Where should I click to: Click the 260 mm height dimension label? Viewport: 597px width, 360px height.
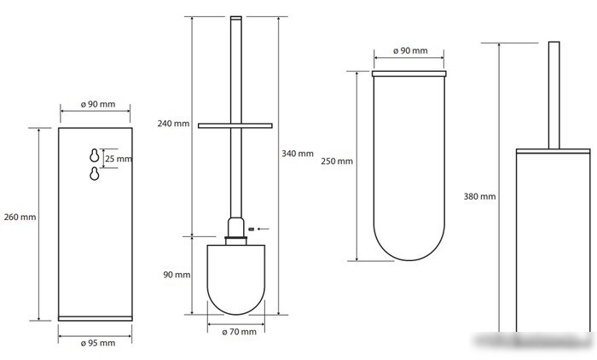[20, 218]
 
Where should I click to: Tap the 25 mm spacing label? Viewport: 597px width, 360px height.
[119, 159]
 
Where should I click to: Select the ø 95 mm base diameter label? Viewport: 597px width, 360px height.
[98, 343]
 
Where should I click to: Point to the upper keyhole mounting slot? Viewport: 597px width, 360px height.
[95, 155]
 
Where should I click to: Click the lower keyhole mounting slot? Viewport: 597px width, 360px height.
[95, 173]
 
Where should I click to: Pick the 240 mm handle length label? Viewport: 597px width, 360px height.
[173, 124]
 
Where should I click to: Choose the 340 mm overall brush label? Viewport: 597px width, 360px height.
[298, 154]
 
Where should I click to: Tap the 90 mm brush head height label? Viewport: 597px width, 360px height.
[177, 275]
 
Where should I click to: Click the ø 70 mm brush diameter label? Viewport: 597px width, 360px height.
[239, 332]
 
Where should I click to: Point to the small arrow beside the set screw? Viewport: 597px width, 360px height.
[263, 229]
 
